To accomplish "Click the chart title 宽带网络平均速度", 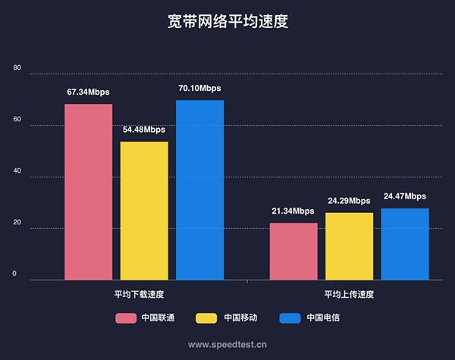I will pos(227,21).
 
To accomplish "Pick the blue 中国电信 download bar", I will pos(200,189).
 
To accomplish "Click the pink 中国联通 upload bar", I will pos(293,251).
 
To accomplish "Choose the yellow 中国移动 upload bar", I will pos(349,246).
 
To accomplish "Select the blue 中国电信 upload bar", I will pos(405,243).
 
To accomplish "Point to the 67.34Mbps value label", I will pos(88,92).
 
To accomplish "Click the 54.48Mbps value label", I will pos(144,130).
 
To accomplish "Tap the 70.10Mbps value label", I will pos(199,89).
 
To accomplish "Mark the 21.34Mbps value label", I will pos(293,211).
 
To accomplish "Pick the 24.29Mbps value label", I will pos(349,201).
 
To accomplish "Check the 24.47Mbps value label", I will pos(405,196).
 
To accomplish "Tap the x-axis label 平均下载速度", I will pos(144,294).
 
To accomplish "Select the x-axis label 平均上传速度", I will pos(349,294).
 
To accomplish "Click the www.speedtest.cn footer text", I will pos(227,344).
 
